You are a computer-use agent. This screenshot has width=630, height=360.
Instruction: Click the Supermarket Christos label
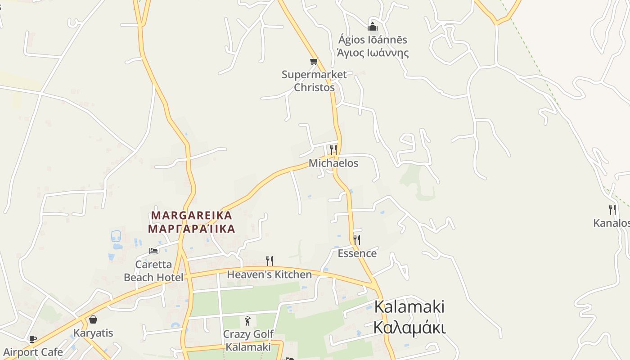(x=314, y=81)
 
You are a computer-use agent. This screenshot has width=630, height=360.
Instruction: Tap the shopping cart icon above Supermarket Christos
(x=314, y=61)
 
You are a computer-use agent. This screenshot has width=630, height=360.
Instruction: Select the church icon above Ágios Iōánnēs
(x=372, y=26)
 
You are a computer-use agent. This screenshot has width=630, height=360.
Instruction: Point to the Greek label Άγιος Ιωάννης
(x=373, y=53)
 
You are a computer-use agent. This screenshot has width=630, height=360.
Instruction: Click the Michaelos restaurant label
(x=333, y=163)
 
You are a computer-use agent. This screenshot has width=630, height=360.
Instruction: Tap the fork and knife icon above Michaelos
(x=333, y=149)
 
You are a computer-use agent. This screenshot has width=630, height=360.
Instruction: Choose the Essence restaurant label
(x=357, y=253)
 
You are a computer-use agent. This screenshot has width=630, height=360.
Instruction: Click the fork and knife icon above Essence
(x=357, y=239)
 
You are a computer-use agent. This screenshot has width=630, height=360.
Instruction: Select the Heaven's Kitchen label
(x=269, y=274)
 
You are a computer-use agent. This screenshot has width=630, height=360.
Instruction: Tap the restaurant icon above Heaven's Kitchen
(x=270, y=261)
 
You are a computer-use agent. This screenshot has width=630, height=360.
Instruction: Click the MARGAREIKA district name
(x=192, y=216)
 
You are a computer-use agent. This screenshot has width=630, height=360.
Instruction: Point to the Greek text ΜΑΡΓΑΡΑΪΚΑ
(x=192, y=229)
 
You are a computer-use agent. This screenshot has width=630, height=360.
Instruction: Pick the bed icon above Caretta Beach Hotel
(x=153, y=251)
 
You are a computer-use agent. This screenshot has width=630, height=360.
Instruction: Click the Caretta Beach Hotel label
(x=153, y=271)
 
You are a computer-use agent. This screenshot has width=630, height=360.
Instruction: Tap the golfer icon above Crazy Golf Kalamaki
(x=247, y=321)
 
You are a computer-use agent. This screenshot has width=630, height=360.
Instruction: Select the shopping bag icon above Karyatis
(x=93, y=319)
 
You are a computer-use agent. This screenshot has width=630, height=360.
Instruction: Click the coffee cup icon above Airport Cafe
(x=32, y=339)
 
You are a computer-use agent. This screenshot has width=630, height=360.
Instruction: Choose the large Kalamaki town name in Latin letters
(x=409, y=307)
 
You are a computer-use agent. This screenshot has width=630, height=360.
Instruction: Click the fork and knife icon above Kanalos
(x=612, y=209)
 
